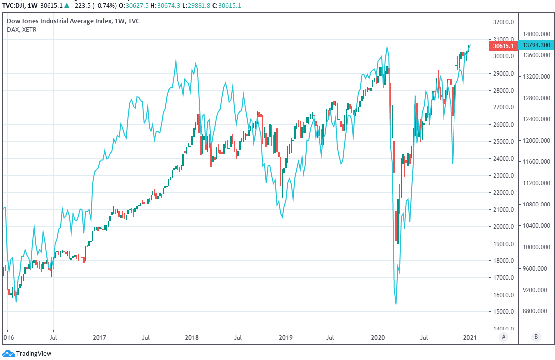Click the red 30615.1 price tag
pyautogui.click(x=504, y=46)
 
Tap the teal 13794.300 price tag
pyautogui.click(x=536, y=45)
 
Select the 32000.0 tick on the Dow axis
pyautogui.click(x=503, y=22)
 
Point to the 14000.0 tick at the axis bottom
pyautogui.click(x=503, y=329)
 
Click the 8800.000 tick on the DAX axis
pyautogui.click(x=536, y=311)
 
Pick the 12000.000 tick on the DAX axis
pyautogui.click(x=536, y=141)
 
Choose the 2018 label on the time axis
pyautogui.click(x=192, y=337)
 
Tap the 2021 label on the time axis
pyautogui.click(x=470, y=337)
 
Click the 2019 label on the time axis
pyautogui.click(x=285, y=337)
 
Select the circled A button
pyautogui.click(x=504, y=337)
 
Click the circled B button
pyautogui.click(x=536, y=337)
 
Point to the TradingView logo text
pyautogui.click(x=34, y=353)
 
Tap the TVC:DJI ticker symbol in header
pyautogui.click(x=15, y=5)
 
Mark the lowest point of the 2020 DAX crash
pyautogui.click(x=396, y=304)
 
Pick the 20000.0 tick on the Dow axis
pyautogui.click(x=503, y=227)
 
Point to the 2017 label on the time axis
pyautogui.click(x=100, y=337)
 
